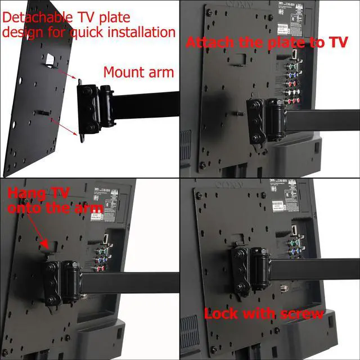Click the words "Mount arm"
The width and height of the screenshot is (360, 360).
tap(138, 71)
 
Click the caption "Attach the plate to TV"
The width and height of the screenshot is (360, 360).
tap(267, 43)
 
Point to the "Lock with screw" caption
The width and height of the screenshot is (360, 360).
tap(263, 313)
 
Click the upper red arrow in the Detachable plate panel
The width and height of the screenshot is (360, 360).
tap(66, 75)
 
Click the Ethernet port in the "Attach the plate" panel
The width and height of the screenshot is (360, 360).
tap(293, 55)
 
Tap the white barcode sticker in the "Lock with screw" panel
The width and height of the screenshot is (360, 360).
tap(281, 205)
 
